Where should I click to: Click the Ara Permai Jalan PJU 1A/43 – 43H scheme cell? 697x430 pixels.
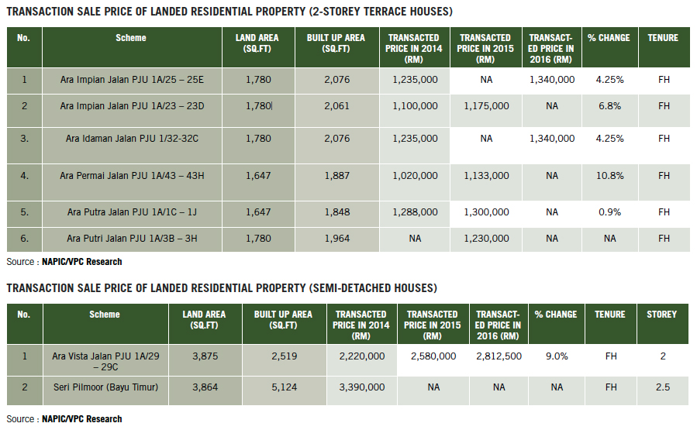[131, 176]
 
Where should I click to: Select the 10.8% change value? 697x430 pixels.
[610, 176]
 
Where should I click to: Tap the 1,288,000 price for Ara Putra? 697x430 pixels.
[415, 212]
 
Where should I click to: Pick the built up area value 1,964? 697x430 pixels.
[337, 239]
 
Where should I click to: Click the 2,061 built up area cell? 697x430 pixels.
[337, 105]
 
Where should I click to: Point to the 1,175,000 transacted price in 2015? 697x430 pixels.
[486, 105]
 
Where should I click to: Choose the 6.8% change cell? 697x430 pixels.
[610, 105]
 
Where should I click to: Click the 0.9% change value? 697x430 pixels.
[610, 212]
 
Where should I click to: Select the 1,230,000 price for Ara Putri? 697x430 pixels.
[486, 239]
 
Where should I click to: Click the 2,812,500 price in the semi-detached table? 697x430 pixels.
[499, 356]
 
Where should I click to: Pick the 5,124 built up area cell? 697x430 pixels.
[283, 387]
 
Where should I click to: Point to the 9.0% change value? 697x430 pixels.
[556, 356]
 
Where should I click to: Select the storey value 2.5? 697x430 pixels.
[662, 387]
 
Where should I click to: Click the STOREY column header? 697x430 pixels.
[662, 315]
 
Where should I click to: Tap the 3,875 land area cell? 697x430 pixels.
[204, 356]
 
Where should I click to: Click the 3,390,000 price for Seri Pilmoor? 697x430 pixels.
[361, 387]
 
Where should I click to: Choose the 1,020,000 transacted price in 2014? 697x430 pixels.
[415, 176]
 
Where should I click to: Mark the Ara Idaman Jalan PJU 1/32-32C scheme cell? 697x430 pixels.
[131, 139]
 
